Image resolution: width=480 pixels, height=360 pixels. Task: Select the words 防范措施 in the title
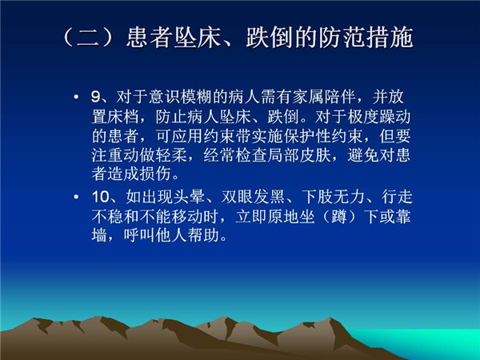(366, 38)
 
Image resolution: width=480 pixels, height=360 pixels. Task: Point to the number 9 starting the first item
(96, 97)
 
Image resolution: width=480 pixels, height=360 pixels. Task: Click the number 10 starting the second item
(101, 196)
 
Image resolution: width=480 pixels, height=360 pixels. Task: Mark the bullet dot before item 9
(76, 98)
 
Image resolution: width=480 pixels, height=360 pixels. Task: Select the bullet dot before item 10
(76, 197)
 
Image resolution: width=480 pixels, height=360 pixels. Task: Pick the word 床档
(124, 117)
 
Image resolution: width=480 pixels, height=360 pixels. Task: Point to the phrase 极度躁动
(379, 117)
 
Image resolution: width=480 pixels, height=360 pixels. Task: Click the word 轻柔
(171, 155)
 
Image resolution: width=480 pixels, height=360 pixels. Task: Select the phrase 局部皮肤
(298, 155)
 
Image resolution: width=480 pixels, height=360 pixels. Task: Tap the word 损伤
(155, 174)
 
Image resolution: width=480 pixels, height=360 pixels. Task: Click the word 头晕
(189, 196)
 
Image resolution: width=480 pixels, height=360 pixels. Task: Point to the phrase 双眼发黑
(253, 196)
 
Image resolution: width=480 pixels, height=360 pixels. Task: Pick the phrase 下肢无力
(333, 196)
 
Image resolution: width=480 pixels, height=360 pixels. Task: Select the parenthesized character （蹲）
(339, 216)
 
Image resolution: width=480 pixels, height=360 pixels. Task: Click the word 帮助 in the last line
(203, 235)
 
